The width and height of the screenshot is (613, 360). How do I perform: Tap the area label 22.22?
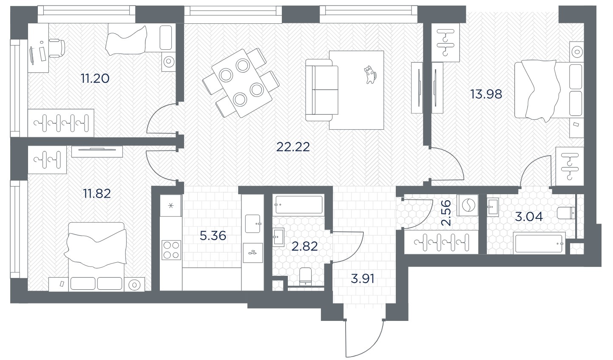tap(293, 147)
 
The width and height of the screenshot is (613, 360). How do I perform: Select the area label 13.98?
tap(486, 94)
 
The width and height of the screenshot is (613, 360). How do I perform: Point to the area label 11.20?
tap(95, 79)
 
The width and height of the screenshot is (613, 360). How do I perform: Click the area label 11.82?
tap(97, 194)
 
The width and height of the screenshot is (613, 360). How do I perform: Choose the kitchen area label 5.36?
tap(213, 235)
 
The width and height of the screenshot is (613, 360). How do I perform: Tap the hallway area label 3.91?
tap(362, 279)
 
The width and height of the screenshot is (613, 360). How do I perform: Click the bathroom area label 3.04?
tap(529, 217)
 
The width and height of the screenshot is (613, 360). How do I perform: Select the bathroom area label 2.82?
tap(304, 247)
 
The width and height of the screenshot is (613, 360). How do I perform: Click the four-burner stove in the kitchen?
tap(171, 250)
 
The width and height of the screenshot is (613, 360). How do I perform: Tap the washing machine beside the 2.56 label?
tap(468, 205)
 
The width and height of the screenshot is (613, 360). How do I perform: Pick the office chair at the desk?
tap(57, 48)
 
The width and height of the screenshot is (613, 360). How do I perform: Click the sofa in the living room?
tap(322, 90)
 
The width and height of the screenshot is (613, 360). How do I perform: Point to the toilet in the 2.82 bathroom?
tap(306, 277)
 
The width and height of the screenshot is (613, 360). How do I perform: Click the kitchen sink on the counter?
tap(253, 224)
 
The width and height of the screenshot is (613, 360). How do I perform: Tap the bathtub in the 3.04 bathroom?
tap(539, 243)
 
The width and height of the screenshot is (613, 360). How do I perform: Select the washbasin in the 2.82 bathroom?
tap(278, 237)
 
